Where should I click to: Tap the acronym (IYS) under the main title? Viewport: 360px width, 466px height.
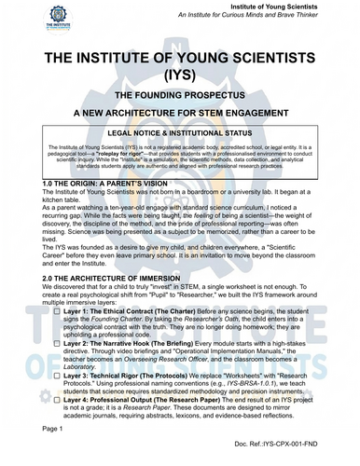(x=180, y=76)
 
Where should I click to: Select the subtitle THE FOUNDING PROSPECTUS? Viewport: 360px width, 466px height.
(x=180, y=97)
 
